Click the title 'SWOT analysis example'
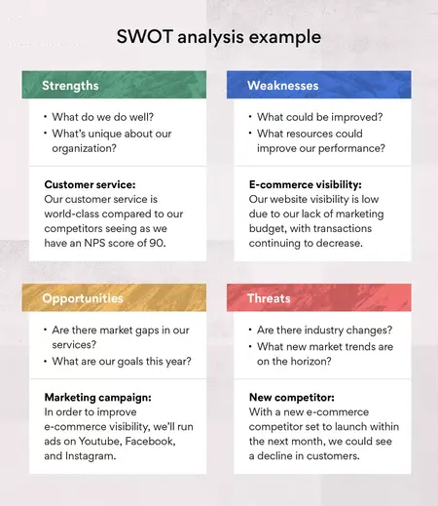tap(218, 38)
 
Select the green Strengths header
tap(70, 86)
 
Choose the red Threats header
tap(268, 300)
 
